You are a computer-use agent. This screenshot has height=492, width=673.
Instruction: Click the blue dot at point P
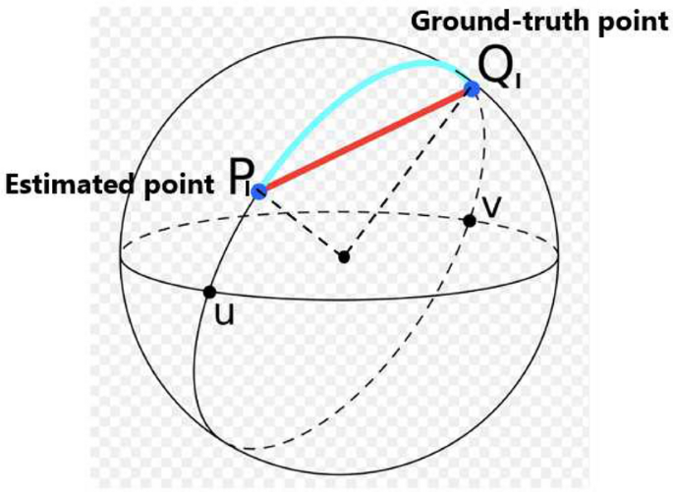coord(259,191)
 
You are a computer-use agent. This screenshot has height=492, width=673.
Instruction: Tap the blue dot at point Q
coord(472,89)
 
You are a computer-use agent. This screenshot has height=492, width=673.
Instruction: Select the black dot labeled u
coord(209,292)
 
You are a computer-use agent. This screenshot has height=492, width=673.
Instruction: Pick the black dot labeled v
coord(470,221)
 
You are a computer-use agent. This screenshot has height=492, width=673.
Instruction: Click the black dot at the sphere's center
coord(343,257)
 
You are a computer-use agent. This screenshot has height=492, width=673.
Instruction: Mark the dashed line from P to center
coord(300,223)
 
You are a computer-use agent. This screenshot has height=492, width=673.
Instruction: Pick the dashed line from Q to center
coord(408,173)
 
